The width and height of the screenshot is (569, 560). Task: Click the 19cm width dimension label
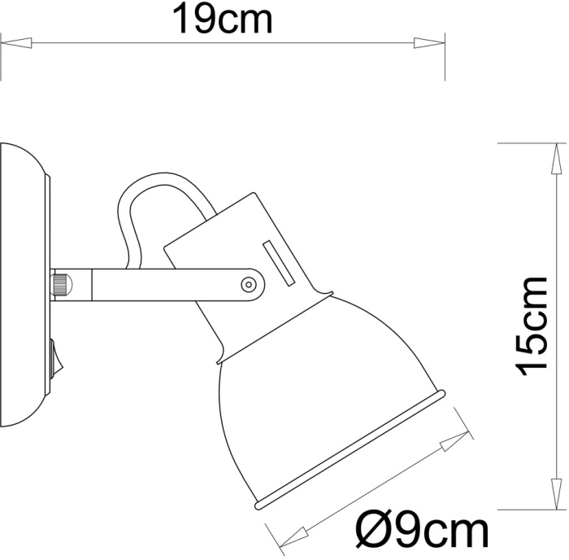(222, 20)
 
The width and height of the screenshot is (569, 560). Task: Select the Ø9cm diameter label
(423, 532)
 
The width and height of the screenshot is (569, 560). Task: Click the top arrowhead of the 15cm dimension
(557, 158)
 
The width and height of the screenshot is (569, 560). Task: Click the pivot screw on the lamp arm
(248, 284)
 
